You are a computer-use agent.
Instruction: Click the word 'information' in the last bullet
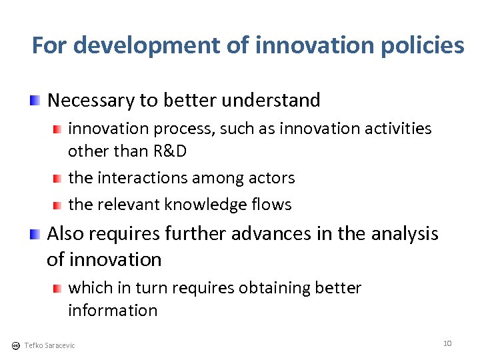[x=113, y=310]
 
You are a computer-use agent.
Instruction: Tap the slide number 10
[x=447, y=343]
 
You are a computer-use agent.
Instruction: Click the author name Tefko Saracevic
[x=49, y=345]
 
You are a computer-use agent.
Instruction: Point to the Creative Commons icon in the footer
[x=15, y=345]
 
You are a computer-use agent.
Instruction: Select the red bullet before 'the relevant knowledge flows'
[x=58, y=205]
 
